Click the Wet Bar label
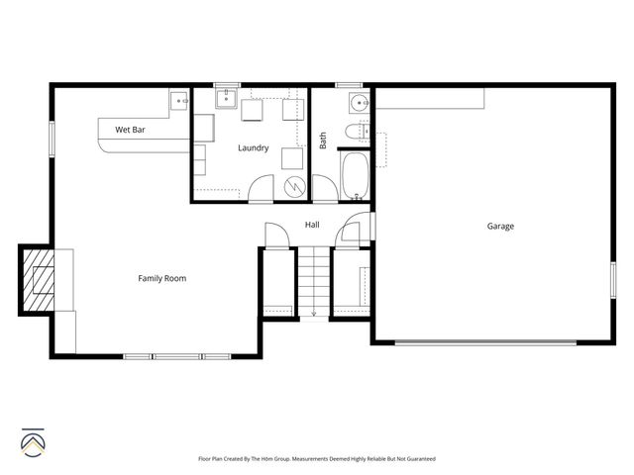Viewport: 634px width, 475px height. [131, 130]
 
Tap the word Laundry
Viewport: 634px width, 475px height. [253, 148]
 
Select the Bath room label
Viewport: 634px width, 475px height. [323, 142]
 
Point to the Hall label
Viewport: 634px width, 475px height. [312, 226]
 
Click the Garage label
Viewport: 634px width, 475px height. [500, 227]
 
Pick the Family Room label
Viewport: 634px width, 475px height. [161, 278]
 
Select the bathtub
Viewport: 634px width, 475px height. [355, 174]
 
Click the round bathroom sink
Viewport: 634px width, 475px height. [357, 103]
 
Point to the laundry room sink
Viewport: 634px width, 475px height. [225, 97]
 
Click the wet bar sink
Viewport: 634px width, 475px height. [180, 99]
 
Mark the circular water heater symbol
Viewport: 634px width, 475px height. [293, 186]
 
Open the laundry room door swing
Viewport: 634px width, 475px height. [262, 188]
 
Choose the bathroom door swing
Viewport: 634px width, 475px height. [325, 188]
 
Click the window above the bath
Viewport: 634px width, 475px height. [349, 85]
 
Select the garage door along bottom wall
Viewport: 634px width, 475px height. [485, 343]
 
